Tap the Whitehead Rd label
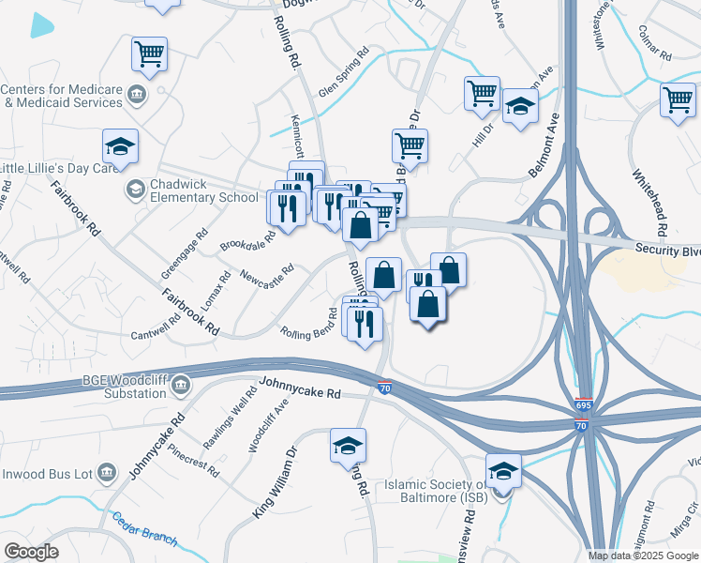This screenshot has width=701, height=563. coord(648,203)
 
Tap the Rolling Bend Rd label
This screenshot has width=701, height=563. coord(310,324)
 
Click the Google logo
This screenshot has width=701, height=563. coord(32,552)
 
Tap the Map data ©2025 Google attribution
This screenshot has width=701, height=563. coord(642,555)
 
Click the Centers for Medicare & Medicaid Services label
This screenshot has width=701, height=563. coord(62,96)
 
